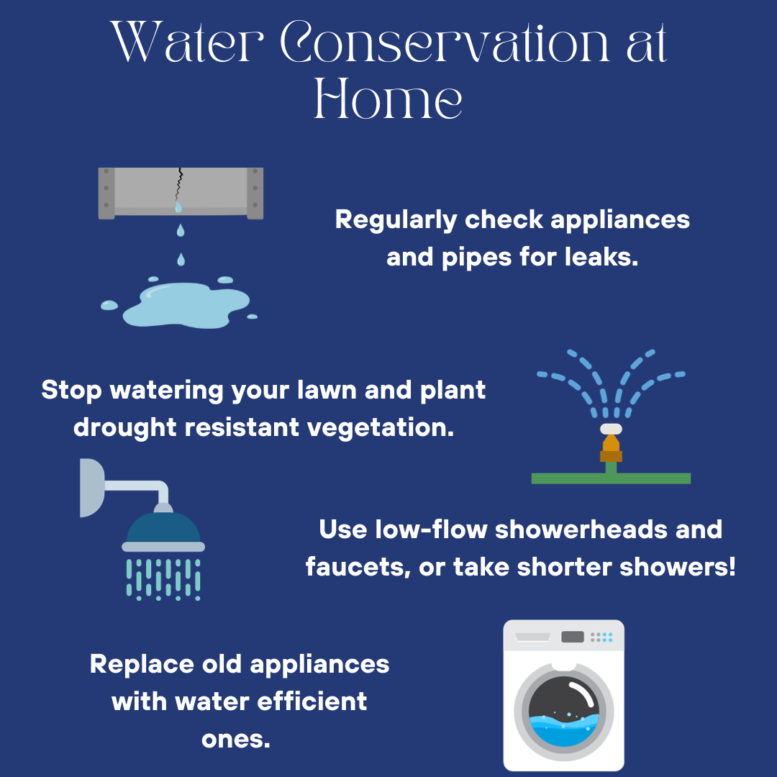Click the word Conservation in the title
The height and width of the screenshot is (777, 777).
(445, 42)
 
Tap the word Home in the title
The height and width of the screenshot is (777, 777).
(388, 98)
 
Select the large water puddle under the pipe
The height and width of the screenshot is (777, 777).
(186, 305)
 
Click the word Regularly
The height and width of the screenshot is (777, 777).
(396, 220)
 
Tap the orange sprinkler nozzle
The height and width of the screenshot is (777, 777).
(611, 448)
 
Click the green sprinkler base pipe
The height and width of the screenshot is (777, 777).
(611, 478)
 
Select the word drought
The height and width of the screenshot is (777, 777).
(125, 427)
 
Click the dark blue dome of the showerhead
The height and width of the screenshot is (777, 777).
(163, 527)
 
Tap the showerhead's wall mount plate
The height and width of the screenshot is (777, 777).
(91, 488)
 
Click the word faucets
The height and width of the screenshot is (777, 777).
(358, 568)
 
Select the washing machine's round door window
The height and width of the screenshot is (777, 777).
(564, 712)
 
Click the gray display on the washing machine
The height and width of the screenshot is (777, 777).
(573, 637)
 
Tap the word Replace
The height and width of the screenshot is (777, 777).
(142, 665)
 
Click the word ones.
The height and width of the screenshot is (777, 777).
(236, 740)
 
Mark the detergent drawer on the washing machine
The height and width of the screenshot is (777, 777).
(532, 637)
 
